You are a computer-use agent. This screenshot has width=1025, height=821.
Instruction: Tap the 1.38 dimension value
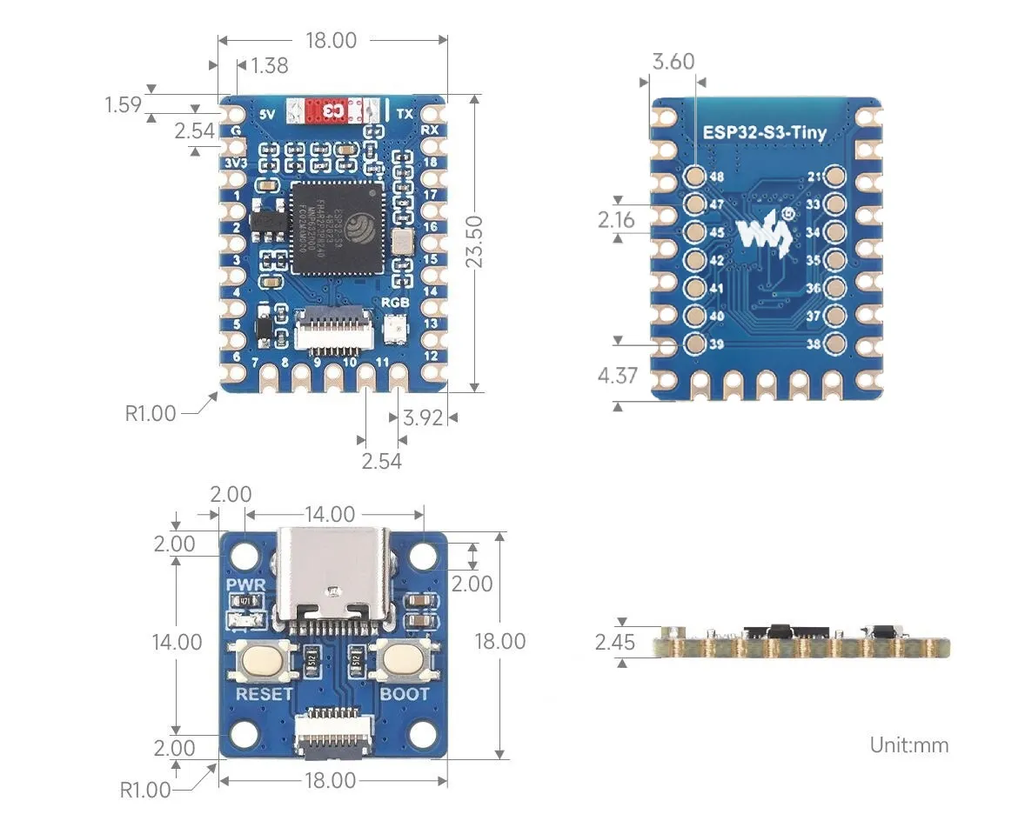[269, 65]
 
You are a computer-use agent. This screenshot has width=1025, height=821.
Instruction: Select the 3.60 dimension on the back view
[673, 61]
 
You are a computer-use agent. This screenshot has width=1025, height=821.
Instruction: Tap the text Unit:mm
[908, 744]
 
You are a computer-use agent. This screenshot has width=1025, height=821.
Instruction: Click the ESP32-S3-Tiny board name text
[765, 133]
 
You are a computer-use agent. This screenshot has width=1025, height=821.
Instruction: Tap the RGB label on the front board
[395, 303]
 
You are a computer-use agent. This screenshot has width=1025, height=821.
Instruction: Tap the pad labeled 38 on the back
[835, 344]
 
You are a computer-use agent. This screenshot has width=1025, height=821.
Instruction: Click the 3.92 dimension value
[424, 417]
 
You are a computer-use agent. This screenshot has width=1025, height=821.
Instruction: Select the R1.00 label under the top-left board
[150, 413]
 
